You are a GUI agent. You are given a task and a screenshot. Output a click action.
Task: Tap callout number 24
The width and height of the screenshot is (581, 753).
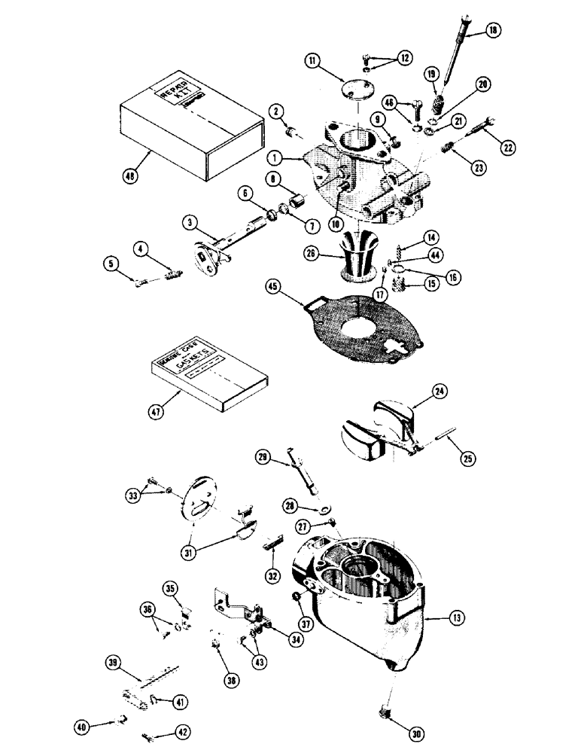[440, 391]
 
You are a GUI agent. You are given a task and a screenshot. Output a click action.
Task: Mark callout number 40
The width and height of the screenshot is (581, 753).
[81, 727]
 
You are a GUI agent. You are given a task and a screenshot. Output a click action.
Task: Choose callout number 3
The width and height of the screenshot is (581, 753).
[190, 223]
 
